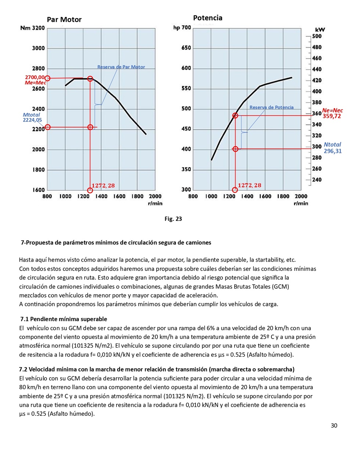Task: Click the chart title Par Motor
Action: coord(64,20)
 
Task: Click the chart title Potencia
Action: coord(208,18)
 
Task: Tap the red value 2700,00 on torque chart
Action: coord(35,77)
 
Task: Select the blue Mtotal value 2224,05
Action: coord(32,120)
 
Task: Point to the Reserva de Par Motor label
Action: coord(121,67)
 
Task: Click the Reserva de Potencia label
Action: coord(271,107)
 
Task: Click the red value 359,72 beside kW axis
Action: coord(332,116)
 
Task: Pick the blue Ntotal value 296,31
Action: coord(332,151)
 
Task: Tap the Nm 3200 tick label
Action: coord(33,28)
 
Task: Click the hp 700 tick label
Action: coord(182,28)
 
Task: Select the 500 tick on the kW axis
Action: coord(317,36)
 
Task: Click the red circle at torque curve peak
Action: coord(90,79)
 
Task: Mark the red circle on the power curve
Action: coord(235,115)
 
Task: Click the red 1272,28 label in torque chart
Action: coord(103,186)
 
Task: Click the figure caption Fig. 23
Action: coord(173,219)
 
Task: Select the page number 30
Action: coord(334,426)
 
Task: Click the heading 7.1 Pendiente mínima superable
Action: coord(64,319)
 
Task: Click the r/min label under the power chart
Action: coord(301,203)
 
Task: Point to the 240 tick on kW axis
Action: coord(317,180)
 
